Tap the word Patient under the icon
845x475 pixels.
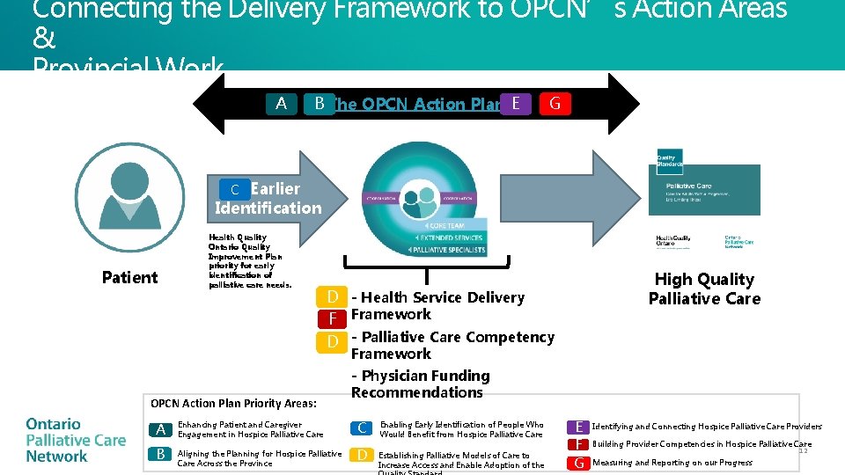coord(129,278)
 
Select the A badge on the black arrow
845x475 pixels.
coord(281,104)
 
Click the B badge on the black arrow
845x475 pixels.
coord(319,104)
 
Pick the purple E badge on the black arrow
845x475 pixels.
coord(515,104)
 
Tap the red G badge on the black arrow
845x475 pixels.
coord(554,104)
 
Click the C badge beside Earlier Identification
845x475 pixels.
coord(235,189)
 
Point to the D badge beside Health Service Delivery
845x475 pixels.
coord(332,296)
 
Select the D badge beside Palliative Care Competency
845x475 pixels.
coord(332,340)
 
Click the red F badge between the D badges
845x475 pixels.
coord(332,318)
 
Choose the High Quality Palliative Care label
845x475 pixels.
coord(704,289)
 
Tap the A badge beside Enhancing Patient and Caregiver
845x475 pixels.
coord(161,429)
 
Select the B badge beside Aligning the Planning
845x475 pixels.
coord(161,454)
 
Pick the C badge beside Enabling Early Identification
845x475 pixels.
coord(362,428)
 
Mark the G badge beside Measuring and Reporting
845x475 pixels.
coord(578,463)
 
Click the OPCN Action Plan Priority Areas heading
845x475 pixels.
coord(233,404)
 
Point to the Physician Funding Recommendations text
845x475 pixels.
coord(421,384)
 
